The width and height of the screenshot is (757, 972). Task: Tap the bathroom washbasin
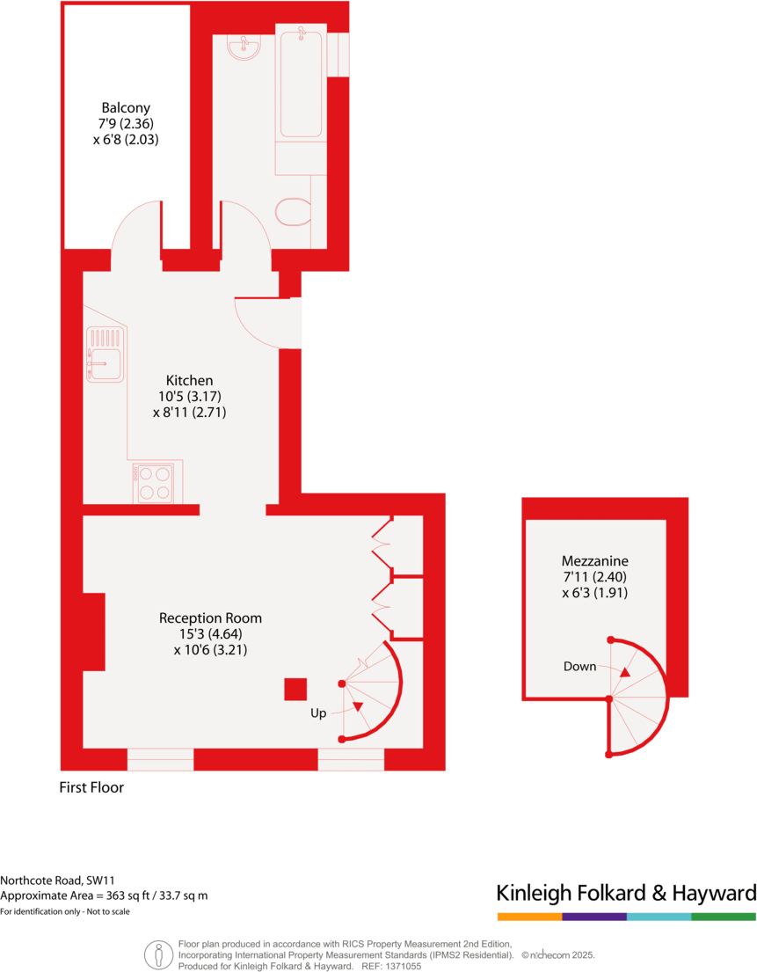(243, 48)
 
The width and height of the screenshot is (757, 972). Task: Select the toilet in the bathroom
(294, 211)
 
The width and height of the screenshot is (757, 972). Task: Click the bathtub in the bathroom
(301, 84)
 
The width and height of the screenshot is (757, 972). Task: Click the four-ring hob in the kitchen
(154, 483)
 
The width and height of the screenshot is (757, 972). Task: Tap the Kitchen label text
(189, 380)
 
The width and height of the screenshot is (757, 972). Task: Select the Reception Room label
(210, 618)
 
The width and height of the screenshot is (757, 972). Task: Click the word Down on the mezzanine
(580, 666)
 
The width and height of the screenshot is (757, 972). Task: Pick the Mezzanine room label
(595, 560)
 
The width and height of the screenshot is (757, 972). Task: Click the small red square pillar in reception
(295, 689)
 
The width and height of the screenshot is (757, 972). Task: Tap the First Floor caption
(91, 787)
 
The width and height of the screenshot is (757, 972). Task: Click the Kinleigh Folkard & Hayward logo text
(626, 893)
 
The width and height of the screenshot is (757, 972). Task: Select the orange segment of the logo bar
(529, 917)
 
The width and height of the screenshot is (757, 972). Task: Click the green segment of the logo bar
(724, 917)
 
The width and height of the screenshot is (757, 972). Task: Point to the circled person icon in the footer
(158, 953)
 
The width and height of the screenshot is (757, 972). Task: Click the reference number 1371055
(400, 965)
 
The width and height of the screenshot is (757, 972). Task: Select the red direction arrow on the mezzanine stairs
(624, 672)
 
